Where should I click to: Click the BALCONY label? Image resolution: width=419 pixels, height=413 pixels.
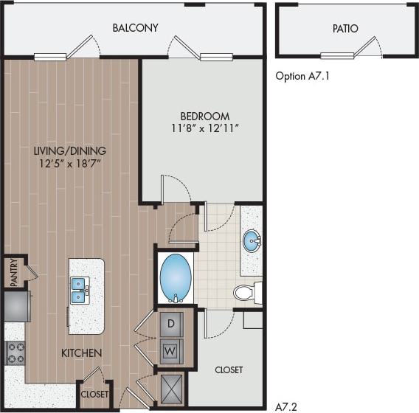pyautogui.click(x=135, y=28)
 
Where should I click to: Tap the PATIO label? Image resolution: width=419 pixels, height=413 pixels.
pyautogui.click(x=344, y=29)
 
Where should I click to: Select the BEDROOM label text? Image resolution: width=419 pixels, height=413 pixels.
pyautogui.click(x=204, y=116)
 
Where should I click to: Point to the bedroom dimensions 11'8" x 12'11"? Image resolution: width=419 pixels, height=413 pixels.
pyautogui.click(x=204, y=129)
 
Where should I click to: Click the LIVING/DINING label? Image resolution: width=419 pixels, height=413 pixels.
pyautogui.click(x=69, y=150)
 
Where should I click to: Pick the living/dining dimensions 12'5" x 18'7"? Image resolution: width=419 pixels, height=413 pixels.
pyautogui.click(x=69, y=164)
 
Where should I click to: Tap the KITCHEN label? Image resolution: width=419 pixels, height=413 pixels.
pyautogui.click(x=81, y=353)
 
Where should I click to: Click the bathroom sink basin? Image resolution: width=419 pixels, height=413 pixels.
pyautogui.click(x=252, y=241)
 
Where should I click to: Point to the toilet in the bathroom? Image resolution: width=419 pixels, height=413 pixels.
pyautogui.click(x=247, y=293)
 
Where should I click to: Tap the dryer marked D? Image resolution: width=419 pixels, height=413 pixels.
pyautogui.click(x=171, y=324)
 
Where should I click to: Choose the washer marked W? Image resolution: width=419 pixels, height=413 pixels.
pyautogui.click(x=171, y=350)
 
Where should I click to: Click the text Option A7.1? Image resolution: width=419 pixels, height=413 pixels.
pyautogui.click(x=302, y=75)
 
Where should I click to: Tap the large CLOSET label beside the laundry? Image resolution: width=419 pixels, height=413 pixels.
pyautogui.click(x=229, y=369)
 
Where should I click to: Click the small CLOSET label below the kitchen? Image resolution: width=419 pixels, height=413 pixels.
pyautogui.click(x=94, y=395)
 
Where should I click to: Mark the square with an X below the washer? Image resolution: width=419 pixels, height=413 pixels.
pyautogui.click(x=172, y=387)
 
